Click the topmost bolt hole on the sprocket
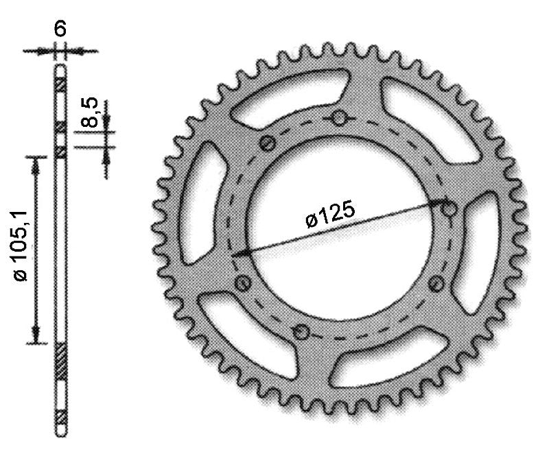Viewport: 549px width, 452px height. click(x=339, y=119)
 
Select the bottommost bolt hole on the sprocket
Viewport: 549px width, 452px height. click(x=300, y=333)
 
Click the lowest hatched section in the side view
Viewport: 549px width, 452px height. click(x=60, y=416)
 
